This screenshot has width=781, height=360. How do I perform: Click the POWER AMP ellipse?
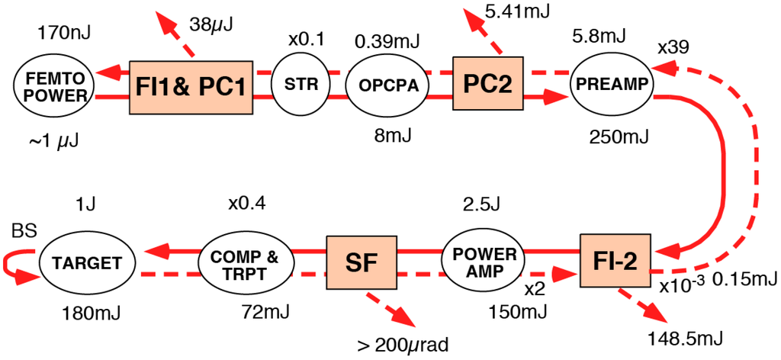(x=480, y=263)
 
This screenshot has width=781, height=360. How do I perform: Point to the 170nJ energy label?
(x=62, y=34)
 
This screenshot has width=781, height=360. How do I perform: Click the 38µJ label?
(x=211, y=24)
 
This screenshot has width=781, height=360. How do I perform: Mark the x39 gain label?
(x=673, y=47)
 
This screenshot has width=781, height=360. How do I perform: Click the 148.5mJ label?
(x=678, y=337)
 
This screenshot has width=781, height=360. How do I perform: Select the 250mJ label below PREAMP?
(x=619, y=137)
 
